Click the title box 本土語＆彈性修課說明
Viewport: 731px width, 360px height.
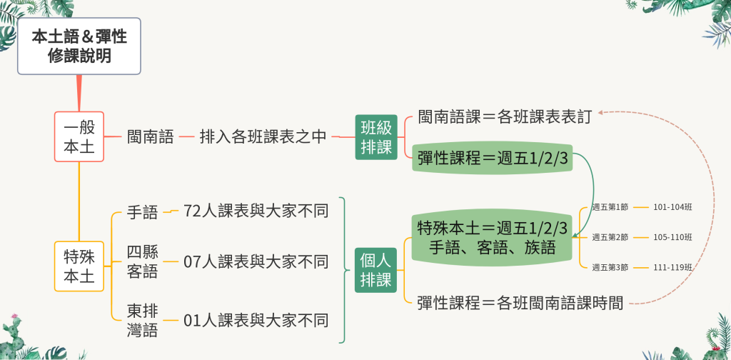(79, 46)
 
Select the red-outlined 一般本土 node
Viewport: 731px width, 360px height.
(79, 136)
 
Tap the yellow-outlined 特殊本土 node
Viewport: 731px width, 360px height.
(79, 266)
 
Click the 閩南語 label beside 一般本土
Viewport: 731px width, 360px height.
(151, 137)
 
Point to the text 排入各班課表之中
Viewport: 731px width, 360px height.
(263, 137)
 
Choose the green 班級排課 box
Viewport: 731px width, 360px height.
(376, 137)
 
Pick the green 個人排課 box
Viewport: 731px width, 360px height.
(375, 270)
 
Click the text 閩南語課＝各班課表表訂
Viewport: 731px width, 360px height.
(505, 117)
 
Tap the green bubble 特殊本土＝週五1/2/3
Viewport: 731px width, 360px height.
(492, 238)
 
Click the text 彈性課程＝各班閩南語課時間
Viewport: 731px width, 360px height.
(520, 303)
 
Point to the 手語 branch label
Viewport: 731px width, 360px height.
(143, 213)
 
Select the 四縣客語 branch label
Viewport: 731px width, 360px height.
(143, 261)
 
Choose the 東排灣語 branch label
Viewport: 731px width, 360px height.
(143, 321)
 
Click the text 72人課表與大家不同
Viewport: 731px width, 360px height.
(256, 211)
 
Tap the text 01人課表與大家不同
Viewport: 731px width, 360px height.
(256, 321)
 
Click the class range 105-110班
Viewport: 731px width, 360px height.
(672, 237)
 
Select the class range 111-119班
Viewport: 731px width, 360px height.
(672, 267)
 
